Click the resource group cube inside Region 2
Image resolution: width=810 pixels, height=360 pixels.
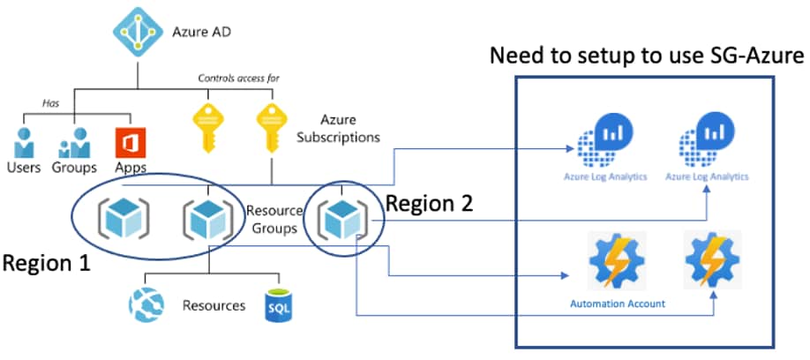(343, 216)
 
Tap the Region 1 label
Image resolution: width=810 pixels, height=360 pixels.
(49, 262)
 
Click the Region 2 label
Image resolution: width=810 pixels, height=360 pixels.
(430, 204)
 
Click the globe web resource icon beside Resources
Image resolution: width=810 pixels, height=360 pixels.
(144, 307)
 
